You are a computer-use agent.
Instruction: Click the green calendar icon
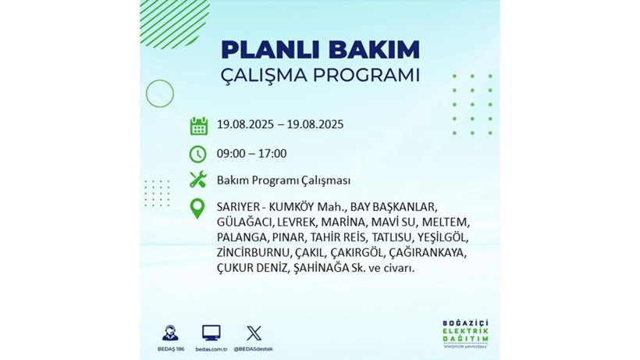click(x=198, y=125)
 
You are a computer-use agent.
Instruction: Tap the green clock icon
click(x=198, y=154)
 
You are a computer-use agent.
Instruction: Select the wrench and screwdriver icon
click(x=198, y=180)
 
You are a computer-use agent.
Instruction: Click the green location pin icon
click(x=198, y=209)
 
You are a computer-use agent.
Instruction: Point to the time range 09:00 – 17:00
click(x=251, y=154)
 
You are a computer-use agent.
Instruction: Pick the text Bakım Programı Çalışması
click(x=283, y=180)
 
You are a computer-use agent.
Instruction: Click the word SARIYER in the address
click(x=239, y=207)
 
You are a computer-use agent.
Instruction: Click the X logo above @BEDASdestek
click(x=253, y=333)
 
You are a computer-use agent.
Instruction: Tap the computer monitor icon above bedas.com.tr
click(x=211, y=333)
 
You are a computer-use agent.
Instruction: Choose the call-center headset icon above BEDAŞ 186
click(x=169, y=333)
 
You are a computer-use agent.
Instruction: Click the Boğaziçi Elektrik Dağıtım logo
click(x=464, y=334)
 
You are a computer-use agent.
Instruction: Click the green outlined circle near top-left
click(x=159, y=94)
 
